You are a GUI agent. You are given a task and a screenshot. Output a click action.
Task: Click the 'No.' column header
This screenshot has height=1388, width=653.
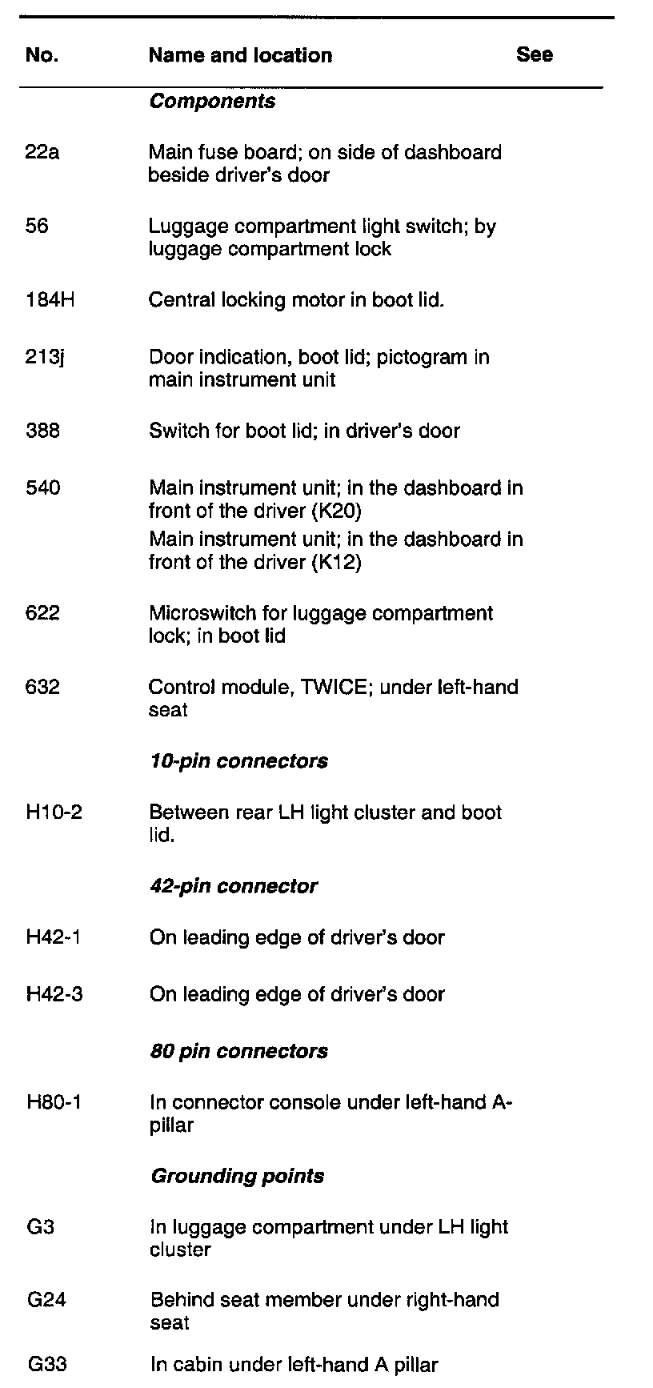tap(42, 55)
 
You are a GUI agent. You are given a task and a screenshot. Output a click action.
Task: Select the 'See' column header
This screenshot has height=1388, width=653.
tap(535, 54)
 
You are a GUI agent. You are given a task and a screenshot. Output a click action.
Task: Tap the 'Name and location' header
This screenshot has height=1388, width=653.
tap(240, 55)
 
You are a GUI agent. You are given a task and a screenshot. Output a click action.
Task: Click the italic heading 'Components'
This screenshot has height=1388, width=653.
tap(212, 102)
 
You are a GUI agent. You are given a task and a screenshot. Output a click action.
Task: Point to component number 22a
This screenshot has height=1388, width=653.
tap(42, 152)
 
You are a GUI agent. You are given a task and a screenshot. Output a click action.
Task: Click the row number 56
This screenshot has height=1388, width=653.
tap(37, 227)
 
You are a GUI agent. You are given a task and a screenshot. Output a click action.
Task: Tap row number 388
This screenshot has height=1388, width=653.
tap(42, 431)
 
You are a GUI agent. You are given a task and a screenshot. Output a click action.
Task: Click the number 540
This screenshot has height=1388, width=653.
tap(42, 488)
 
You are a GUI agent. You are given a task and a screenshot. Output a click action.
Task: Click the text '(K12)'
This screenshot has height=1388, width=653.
tap(335, 562)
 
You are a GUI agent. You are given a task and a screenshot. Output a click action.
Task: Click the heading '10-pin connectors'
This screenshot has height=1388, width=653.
tap(238, 760)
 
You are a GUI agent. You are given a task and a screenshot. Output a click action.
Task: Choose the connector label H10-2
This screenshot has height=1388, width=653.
tap(54, 812)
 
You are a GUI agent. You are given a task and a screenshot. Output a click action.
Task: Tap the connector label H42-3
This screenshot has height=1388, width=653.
tap(54, 994)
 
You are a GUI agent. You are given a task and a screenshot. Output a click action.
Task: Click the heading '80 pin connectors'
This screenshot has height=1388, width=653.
tap(238, 1051)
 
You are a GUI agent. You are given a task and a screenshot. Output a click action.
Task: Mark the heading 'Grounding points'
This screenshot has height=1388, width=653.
tap(237, 1176)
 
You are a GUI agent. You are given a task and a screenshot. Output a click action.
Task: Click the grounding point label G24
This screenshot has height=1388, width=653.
tap(46, 1300)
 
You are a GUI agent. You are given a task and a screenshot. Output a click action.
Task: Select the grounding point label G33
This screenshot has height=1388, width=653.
tap(46, 1365)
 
